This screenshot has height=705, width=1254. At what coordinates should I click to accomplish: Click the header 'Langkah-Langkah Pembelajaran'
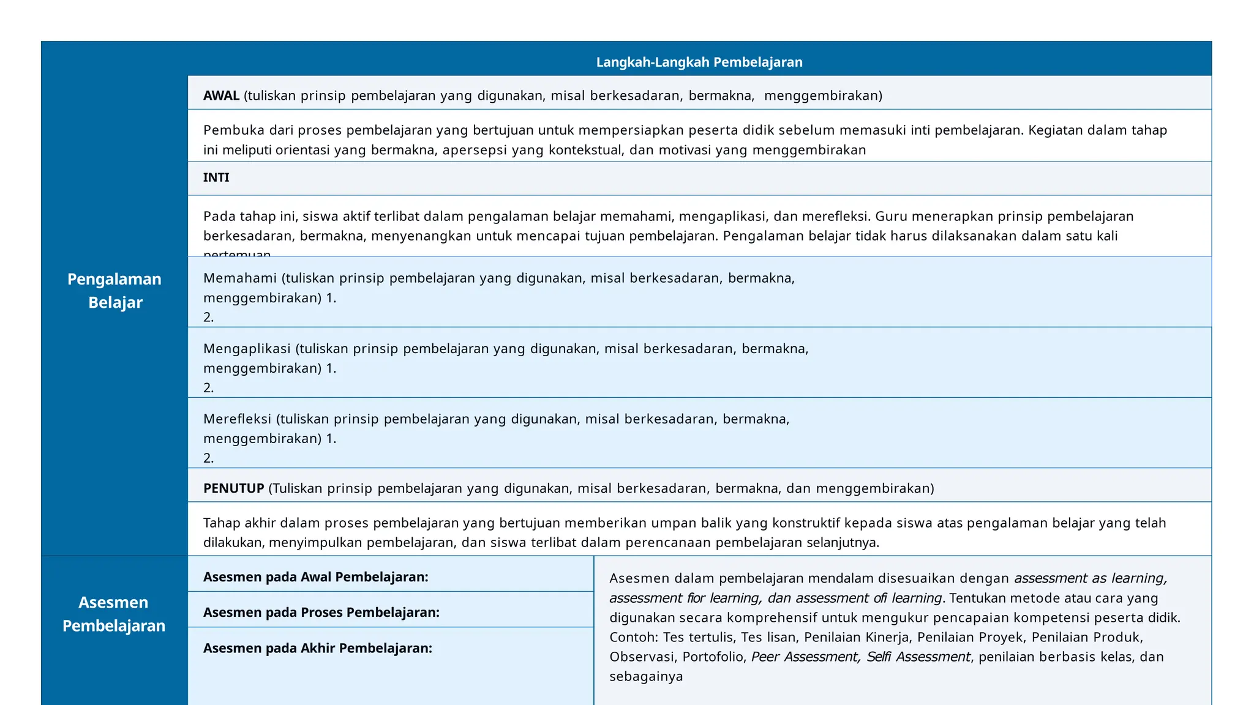(x=699, y=62)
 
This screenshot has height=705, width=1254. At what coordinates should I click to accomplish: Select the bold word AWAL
(x=221, y=95)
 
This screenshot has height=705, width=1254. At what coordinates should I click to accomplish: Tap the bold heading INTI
(x=216, y=177)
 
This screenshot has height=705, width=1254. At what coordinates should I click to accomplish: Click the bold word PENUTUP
(x=233, y=488)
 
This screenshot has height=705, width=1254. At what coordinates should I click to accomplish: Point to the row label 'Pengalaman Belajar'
(x=115, y=291)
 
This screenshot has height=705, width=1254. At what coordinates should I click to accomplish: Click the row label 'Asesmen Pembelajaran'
(x=114, y=614)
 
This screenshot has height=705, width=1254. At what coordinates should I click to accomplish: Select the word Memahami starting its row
(x=240, y=278)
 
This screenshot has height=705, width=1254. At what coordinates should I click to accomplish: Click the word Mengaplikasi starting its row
(x=247, y=349)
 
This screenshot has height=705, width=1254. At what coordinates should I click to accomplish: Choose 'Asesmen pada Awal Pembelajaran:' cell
(x=315, y=577)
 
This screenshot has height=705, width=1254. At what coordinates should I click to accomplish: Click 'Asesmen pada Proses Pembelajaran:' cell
(x=321, y=613)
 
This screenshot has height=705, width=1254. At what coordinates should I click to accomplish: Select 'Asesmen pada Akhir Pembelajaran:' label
(x=317, y=648)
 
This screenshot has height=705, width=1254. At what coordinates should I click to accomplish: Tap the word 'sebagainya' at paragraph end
(x=645, y=676)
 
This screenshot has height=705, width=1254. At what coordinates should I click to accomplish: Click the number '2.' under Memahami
(x=208, y=317)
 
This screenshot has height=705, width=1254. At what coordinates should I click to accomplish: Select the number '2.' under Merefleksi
(x=208, y=458)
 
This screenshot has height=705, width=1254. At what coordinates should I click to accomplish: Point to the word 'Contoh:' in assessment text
(x=633, y=637)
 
